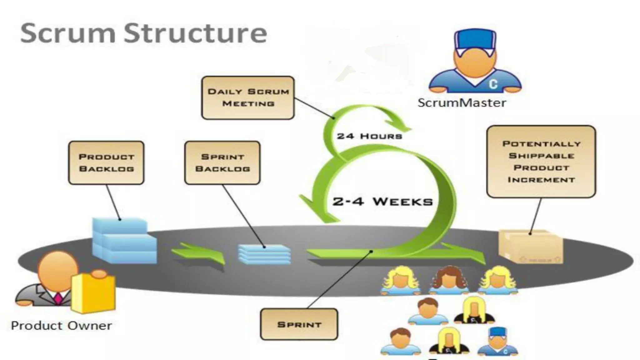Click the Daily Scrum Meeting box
point(248,98)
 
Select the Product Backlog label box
point(106,163)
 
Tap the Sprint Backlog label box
point(222,163)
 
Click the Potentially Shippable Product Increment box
point(541,162)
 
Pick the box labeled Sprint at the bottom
point(299,324)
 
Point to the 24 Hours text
point(369,136)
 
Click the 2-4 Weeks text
point(382,202)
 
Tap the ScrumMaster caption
point(462,103)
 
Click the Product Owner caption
point(62,326)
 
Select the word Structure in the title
point(195,33)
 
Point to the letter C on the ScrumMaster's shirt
point(493,84)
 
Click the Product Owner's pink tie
point(58,298)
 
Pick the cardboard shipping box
point(531,247)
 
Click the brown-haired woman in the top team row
point(449,280)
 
